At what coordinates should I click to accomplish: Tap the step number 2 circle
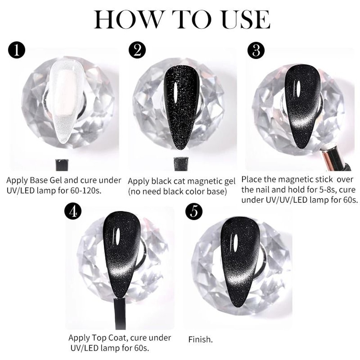[x=137, y=50]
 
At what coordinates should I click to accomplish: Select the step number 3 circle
[x=256, y=51]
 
